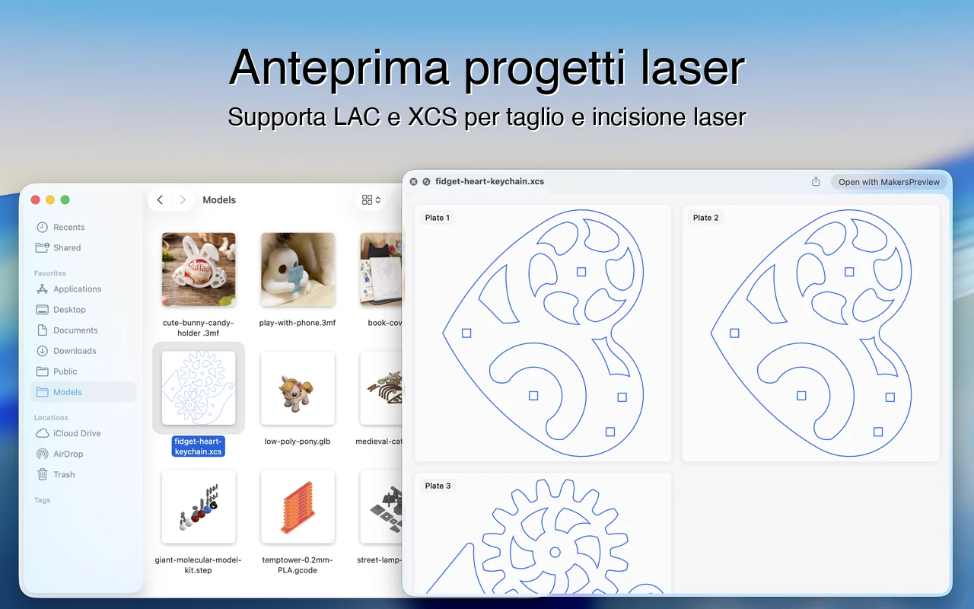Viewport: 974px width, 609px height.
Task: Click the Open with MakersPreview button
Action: tap(889, 182)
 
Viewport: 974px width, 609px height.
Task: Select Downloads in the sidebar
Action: tap(75, 351)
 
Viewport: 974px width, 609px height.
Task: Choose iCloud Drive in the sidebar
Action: tap(76, 433)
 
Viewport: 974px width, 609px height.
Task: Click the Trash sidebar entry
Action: tap(64, 474)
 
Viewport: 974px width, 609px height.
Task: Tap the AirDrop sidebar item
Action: tap(68, 454)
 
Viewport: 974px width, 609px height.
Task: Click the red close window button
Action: tap(35, 199)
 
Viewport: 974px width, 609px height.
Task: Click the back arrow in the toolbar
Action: tap(160, 199)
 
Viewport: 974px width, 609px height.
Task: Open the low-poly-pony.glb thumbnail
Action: tap(298, 388)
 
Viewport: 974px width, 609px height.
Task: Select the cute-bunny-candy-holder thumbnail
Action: tap(199, 269)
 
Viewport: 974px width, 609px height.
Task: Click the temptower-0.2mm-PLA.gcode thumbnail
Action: tap(298, 506)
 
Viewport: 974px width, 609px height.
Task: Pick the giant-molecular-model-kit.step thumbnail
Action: tap(199, 506)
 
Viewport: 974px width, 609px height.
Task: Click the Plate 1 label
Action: tap(438, 218)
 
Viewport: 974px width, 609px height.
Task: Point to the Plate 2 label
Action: tap(705, 218)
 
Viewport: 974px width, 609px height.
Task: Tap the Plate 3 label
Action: tap(438, 486)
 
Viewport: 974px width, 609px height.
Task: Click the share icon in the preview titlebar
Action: tap(816, 182)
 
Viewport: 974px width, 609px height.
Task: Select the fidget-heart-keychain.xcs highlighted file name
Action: tap(198, 446)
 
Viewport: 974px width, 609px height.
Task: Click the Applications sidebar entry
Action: tap(77, 289)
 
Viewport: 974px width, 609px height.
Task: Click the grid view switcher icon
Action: tap(371, 199)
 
